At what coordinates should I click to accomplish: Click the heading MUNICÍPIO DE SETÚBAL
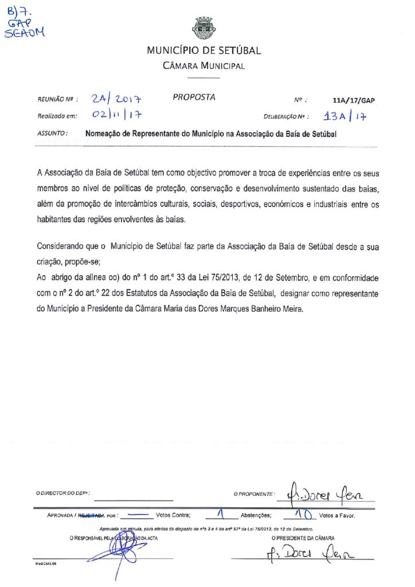[x=203, y=50]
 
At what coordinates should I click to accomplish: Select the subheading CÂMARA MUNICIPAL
[x=203, y=65]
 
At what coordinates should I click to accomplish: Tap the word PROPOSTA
[x=194, y=97]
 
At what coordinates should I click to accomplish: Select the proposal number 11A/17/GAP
[x=353, y=100]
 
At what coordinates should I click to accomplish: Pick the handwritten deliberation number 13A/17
[x=345, y=116]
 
